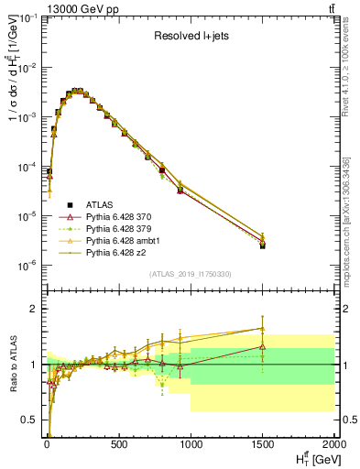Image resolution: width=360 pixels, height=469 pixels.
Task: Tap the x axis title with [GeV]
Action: pos(312,459)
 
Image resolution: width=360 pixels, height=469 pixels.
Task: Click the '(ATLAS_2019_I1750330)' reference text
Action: pos(191,274)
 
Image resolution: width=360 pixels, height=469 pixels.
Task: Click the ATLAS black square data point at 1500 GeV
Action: pos(263,245)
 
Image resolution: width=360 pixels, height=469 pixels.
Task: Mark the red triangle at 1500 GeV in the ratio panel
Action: pos(263,346)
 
